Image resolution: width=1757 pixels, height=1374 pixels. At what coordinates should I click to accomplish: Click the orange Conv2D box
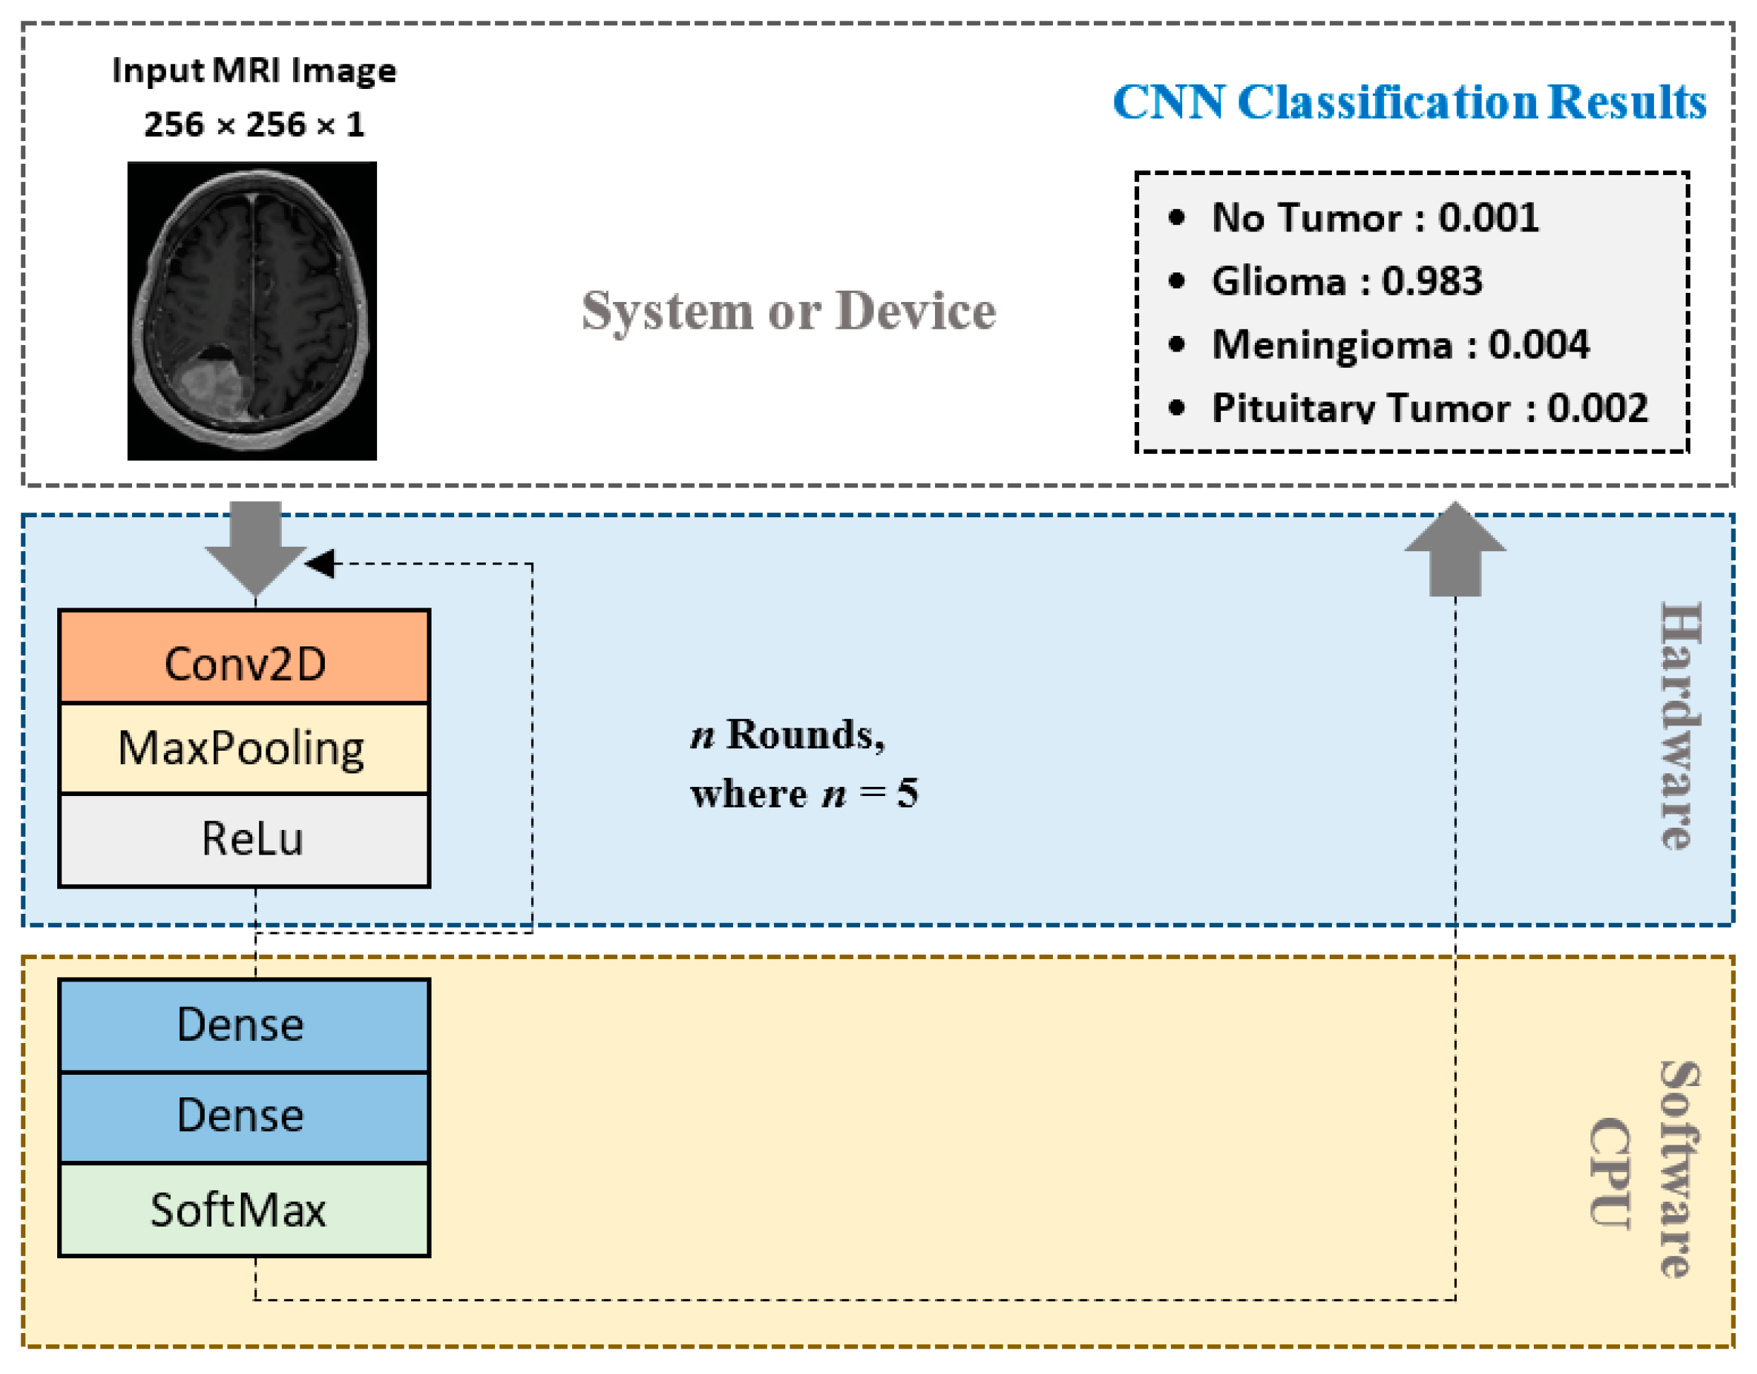[244, 656]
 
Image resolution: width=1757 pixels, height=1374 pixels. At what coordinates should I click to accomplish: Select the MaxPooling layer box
[244, 749]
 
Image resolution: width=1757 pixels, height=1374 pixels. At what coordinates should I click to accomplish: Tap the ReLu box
[244, 840]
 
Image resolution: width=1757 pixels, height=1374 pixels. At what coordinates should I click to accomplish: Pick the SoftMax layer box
[244, 1210]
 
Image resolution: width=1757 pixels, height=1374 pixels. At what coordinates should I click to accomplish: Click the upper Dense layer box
[244, 1025]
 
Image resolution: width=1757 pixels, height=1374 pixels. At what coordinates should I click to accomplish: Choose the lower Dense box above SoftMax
[244, 1117]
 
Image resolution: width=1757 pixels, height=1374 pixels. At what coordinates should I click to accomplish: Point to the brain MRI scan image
[252, 311]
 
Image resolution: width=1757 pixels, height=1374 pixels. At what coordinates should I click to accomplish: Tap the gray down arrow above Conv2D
[256, 548]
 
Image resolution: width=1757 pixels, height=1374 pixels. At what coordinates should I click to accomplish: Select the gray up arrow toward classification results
[1455, 548]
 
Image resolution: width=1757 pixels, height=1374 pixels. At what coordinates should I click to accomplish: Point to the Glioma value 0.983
[1432, 282]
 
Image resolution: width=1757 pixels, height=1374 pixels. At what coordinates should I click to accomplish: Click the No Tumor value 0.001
[1489, 218]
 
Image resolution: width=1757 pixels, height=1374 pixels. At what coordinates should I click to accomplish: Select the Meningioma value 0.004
[1539, 345]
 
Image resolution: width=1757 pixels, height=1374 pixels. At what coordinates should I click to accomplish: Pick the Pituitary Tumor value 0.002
[1597, 408]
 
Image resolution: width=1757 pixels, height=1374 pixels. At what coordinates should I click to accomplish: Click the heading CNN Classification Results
[1410, 102]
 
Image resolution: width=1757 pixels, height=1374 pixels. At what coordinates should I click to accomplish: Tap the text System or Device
[789, 311]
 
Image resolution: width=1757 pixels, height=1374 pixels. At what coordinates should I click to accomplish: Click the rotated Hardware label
[1681, 725]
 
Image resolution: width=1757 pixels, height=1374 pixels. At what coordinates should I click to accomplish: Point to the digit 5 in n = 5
[908, 794]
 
